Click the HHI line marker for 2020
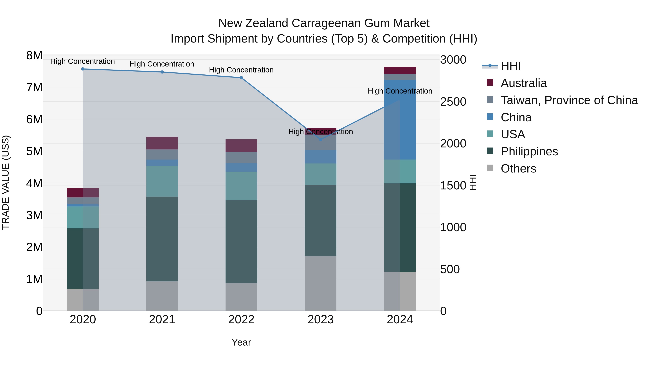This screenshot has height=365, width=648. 83,69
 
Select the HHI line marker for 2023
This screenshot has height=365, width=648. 320,139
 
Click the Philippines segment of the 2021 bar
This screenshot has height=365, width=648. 162,239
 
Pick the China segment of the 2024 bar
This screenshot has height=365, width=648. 400,120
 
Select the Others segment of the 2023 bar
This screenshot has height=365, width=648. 320,283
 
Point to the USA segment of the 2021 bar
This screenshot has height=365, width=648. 162,181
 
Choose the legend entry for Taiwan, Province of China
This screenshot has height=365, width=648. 569,100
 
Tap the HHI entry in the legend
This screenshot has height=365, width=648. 510,66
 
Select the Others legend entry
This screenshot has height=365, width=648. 518,169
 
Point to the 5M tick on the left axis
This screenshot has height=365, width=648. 34,151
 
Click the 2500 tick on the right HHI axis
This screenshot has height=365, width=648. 453,102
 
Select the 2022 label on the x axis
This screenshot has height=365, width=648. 241,320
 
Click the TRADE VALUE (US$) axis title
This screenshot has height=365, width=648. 6,182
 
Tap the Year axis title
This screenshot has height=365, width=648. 241,342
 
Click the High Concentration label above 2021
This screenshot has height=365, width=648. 162,64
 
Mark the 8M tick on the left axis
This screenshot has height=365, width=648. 34,55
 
